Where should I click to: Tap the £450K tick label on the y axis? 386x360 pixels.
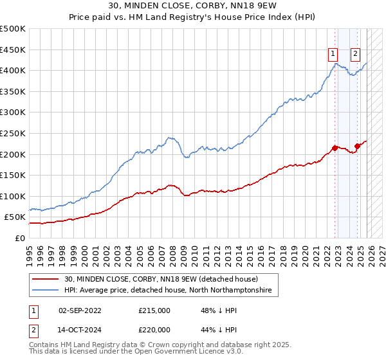coord(13,50)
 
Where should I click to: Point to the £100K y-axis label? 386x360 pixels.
coord(13,196)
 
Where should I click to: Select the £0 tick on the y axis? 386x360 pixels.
coord(21,238)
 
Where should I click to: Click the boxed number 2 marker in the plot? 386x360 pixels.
coord(356,55)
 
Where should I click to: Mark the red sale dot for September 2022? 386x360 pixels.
coord(335,148)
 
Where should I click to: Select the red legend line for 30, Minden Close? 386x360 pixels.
coord(45,279)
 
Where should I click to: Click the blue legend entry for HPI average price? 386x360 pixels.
coord(168,291)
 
